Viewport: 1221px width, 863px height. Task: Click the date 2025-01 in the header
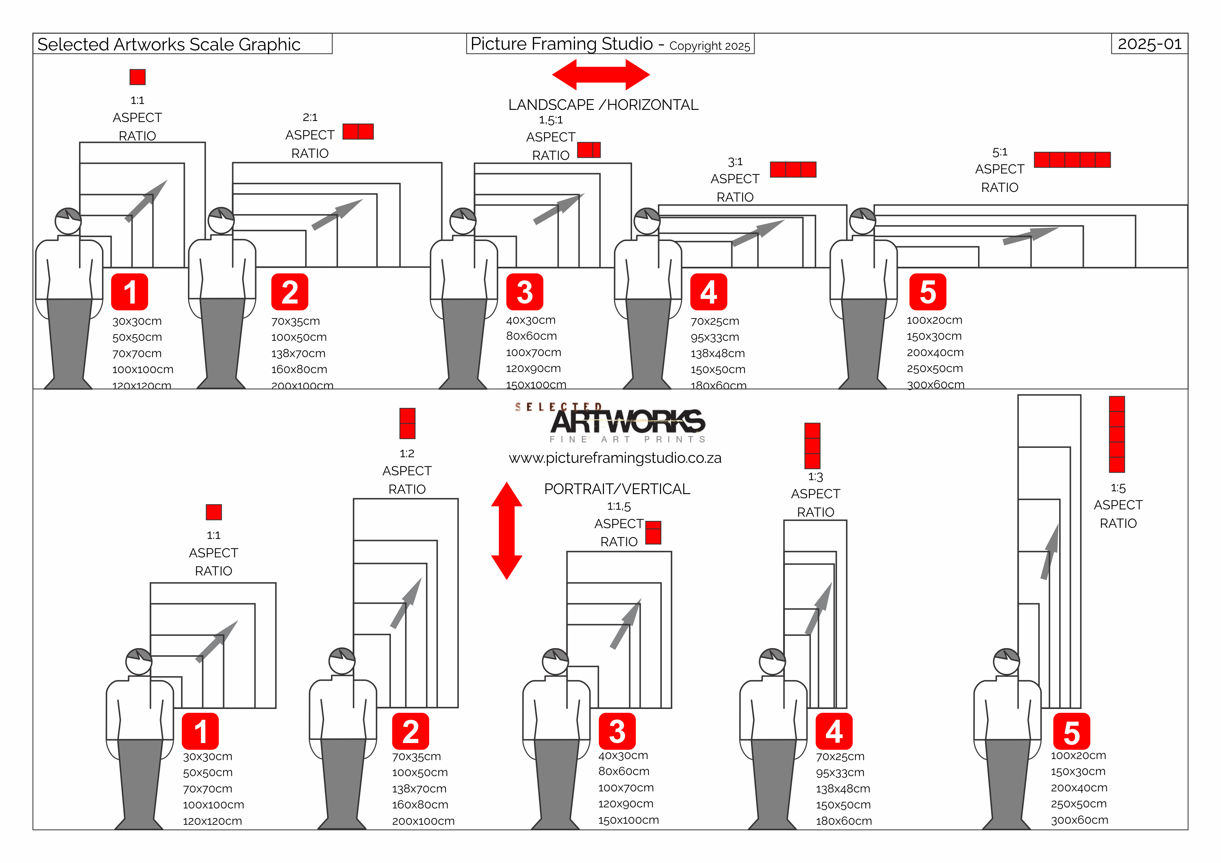(x=1149, y=44)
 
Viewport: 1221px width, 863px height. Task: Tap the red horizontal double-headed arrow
(x=601, y=74)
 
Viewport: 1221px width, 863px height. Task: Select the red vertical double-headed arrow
(x=506, y=530)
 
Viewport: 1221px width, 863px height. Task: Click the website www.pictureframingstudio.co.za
(x=615, y=458)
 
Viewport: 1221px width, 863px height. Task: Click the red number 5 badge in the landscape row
(x=928, y=292)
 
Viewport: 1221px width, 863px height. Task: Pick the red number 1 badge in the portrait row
(x=200, y=731)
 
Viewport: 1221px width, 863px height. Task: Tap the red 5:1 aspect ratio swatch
(x=1072, y=159)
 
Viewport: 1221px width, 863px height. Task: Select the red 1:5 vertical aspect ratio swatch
(x=1117, y=434)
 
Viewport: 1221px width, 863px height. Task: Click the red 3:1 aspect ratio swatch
(x=793, y=170)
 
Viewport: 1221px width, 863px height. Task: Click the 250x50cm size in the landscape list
(x=934, y=368)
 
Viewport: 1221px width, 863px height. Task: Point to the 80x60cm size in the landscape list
(x=531, y=336)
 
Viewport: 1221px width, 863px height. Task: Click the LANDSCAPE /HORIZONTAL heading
(x=603, y=105)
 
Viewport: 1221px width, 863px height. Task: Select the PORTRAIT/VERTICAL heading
(x=617, y=489)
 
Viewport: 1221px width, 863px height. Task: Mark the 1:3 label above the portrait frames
(x=815, y=477)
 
